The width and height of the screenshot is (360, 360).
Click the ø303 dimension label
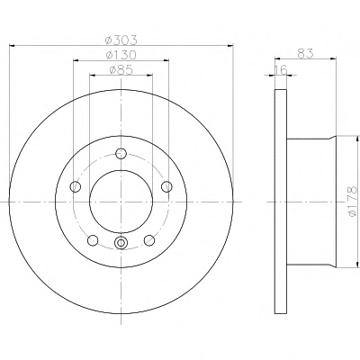(x=121, y=39)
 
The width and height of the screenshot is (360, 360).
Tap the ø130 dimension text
(x=121, y=55)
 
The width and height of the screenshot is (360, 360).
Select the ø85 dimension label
(x=121, y=70)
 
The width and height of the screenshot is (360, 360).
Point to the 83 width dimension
(x=305, y=53)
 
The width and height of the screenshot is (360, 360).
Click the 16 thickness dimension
(x=281, y=69)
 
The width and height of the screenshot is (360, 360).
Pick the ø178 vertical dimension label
(x=353, y=201)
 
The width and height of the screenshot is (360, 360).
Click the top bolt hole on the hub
(x=121, y=154)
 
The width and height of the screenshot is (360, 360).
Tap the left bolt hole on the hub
(x=76, y=187)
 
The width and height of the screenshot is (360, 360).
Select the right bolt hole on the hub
(x=166, y=186)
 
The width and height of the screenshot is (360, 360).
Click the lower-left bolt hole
(x=93, y=240)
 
